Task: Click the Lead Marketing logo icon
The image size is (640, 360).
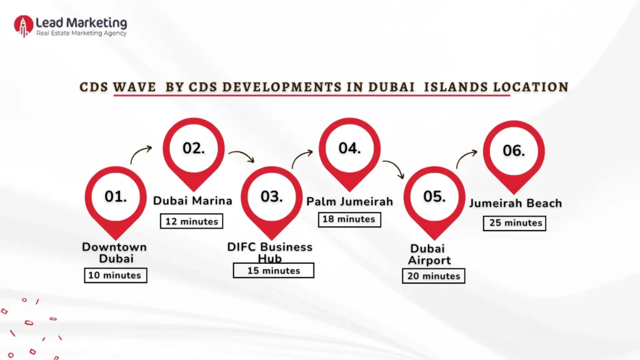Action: pyautogui.click(x=23, y=25)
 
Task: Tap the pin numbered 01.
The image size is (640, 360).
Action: pyautogui.click(x=116, y=197)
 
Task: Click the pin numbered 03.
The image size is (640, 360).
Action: pyautogui.click(x=272, y=197)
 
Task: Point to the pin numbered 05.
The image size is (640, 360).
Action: pyautogui.click(x=434, y=197)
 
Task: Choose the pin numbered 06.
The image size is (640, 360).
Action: pyautogui.click(x=514, y=151)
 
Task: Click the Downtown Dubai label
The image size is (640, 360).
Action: pyautogui.click(x=114, y=253)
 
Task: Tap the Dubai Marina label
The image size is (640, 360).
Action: pyautogui.click(x=192, y=201)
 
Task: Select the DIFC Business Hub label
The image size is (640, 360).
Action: pyautogui.click(x=270, y=252)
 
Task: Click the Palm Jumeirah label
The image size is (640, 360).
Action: pyautogui.click(x=349, y=201)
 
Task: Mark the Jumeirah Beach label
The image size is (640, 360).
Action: pyautogui.click(x=516, y=203)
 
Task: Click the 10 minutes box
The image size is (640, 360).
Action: pyautogui.click(x=116, y=275)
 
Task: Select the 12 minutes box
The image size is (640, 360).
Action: pyautogui.click(x=192, y=221)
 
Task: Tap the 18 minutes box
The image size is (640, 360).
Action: pyautogui.click(x=349, y=219)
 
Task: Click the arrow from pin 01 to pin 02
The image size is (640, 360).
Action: pyautogui.click(x=141, y=154)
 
